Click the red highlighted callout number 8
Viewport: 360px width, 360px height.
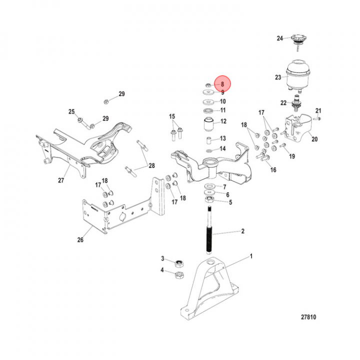[x=221, y=84]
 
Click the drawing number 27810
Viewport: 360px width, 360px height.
[x=308, y=317]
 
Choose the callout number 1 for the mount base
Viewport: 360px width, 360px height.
[x=251, y=256]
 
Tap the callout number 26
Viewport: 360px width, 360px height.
[x=80, y=239]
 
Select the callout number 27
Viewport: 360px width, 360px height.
[x=61, y=180]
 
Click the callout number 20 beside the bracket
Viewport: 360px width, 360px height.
[x=314, y=139]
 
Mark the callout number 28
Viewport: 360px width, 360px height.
[x=151, y=165]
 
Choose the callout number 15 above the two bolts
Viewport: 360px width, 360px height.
[x=172, y=117]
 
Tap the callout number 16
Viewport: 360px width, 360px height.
[x=273, y=170]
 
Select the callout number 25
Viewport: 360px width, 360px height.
[x=71, y=111]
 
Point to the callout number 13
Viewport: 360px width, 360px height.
[x=223, y=138]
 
